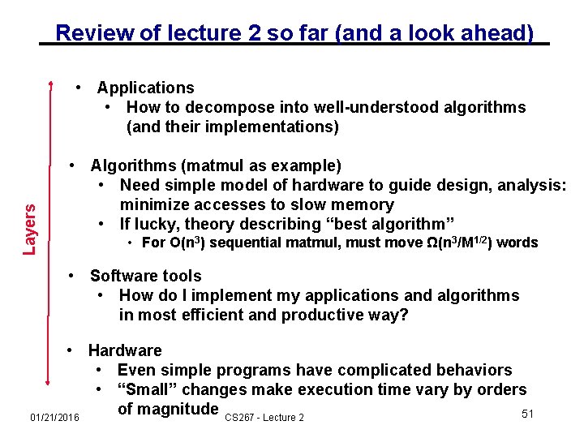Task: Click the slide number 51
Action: click(527, 414)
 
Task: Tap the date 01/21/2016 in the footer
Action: click(54, 417)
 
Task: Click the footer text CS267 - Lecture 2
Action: click(264, 417)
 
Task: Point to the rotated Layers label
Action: click(30, 229)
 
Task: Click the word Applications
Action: click(146, 88)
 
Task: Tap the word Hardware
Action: click(125, 350)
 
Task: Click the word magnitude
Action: click(168, 409)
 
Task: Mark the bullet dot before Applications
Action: click(77, 88)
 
